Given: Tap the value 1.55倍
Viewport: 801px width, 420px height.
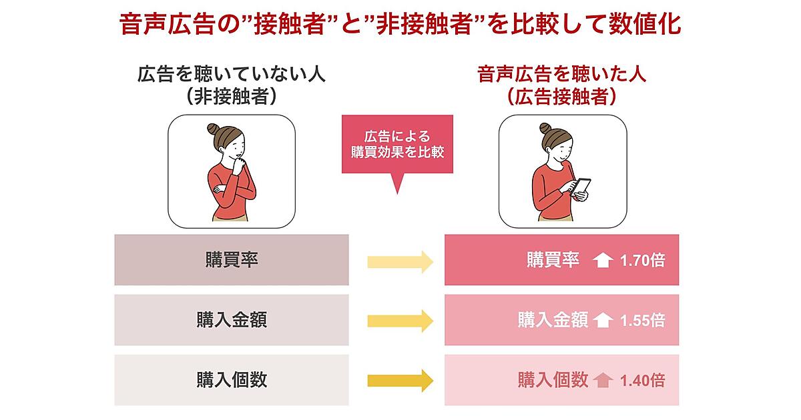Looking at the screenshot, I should pos(642,321).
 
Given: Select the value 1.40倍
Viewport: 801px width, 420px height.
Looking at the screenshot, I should pos(642,381).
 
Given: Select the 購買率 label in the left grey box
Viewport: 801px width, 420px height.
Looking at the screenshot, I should pos(232,260).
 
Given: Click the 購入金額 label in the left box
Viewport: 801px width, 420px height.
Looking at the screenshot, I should pos(232,320).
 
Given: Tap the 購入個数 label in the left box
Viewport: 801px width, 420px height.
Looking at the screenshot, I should pos(232,380).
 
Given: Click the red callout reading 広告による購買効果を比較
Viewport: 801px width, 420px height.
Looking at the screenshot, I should pos(397,144).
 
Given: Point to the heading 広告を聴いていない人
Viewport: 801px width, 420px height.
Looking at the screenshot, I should pos(232,73).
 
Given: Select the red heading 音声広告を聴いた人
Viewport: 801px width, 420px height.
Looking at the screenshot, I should pos(561,73).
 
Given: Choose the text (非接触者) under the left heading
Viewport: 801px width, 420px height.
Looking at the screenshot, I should pos(232,97).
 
